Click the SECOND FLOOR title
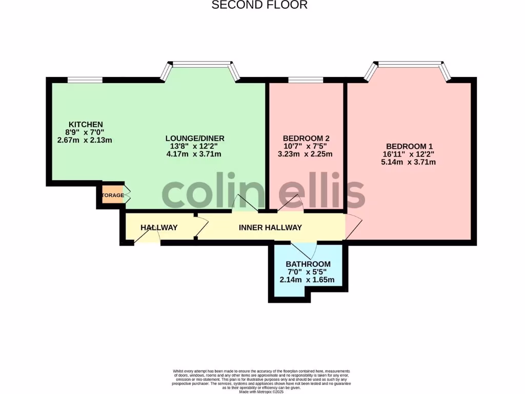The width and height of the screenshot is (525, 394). [x=259, y=5]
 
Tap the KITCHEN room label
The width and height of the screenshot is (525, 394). [x=86, y=125]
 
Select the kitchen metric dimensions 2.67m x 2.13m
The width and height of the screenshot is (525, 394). [x=85, y=140]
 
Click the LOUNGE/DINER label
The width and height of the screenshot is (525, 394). [x=195, y=139]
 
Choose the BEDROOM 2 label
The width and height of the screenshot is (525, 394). [x=306, y=139]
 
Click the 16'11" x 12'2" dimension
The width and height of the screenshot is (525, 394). [x=409, y=154]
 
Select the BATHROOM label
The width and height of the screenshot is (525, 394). [x=308, y=264]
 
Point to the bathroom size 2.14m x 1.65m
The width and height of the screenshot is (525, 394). [x=307, y=280]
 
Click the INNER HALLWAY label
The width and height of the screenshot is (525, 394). [x=270, y=227]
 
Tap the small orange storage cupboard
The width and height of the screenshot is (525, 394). [x=112, y=195]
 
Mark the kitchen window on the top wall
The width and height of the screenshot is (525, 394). [x=85, y=80]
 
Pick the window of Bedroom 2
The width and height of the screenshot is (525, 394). [x=306, y=80]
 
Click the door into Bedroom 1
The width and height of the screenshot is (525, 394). [x=353, y=227]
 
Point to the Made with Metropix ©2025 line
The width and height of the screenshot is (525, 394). [x=261, y=391]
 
